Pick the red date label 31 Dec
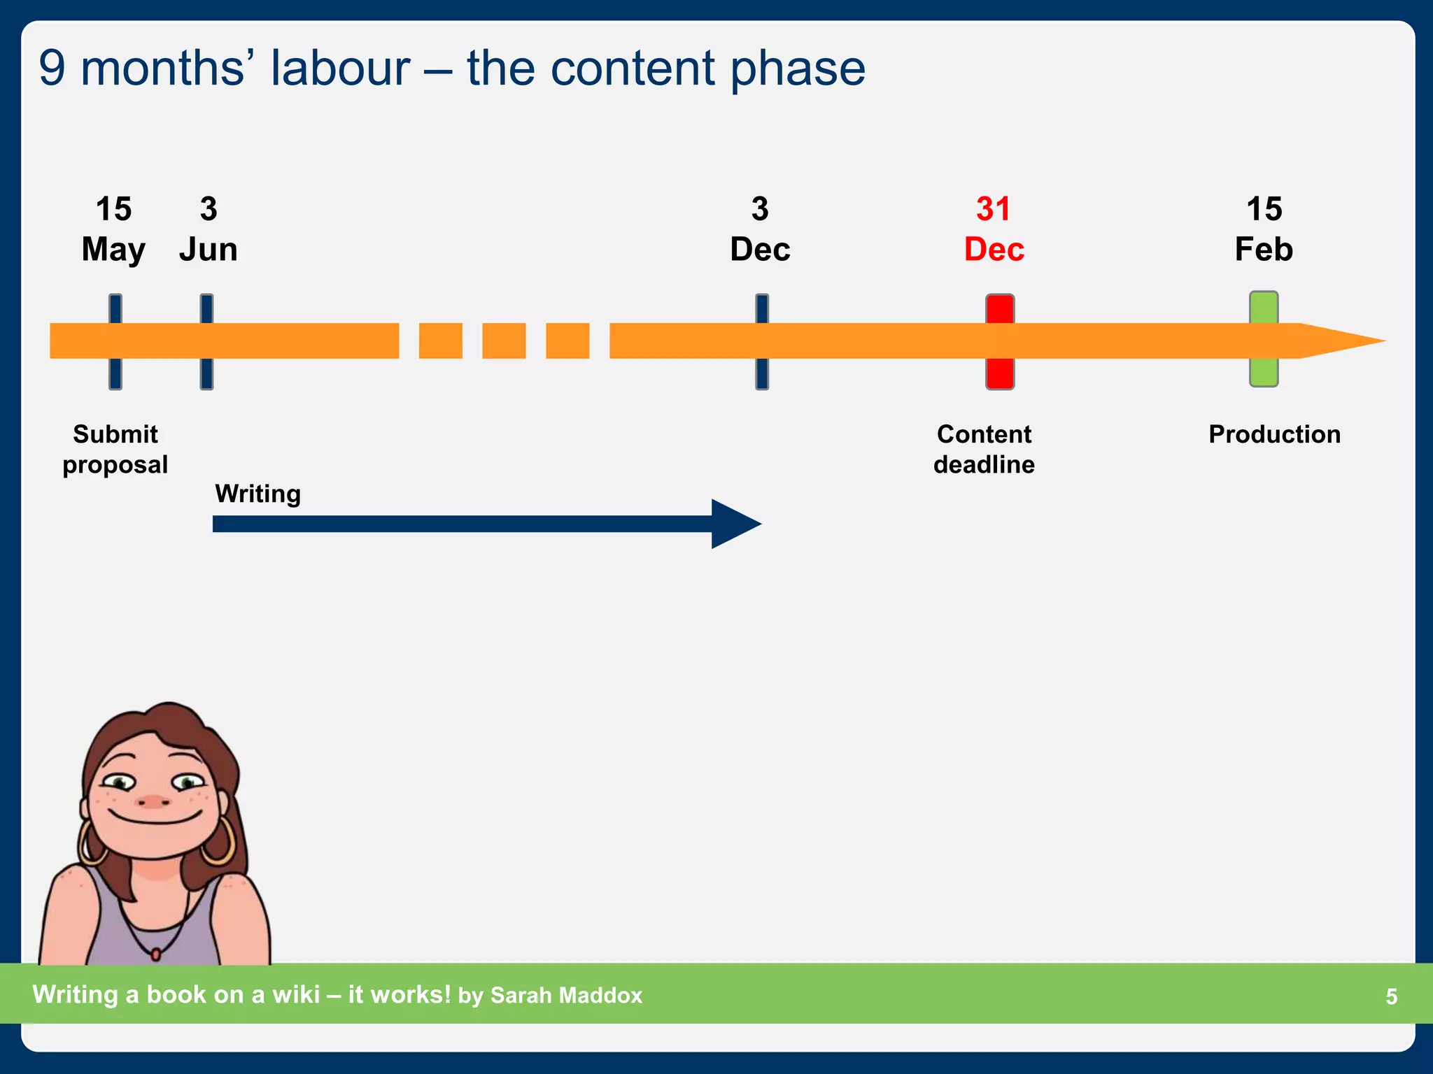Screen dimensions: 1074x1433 click(x=994, y=229)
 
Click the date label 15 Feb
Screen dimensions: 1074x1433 click(x=1264, y=229)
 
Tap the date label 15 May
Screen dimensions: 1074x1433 click(x=113, y=229)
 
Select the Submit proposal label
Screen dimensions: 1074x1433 click(x=115, y=449)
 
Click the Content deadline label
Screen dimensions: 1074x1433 click(x=984, y=449)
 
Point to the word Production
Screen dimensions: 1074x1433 click(x=1274, y=434)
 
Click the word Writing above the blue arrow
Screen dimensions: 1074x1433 click(x=257, y=494)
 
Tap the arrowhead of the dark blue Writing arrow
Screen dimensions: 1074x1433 click(x=735, y=524)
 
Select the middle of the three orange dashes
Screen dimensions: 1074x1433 click(x=504, y=341)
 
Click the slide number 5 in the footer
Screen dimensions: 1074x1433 click(x=1391, y=996)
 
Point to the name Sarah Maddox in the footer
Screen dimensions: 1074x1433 click(x=566, y=995)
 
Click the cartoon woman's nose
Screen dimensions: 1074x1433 click(x=153, y=801)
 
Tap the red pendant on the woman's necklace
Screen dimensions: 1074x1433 click(x=156, y=953)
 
